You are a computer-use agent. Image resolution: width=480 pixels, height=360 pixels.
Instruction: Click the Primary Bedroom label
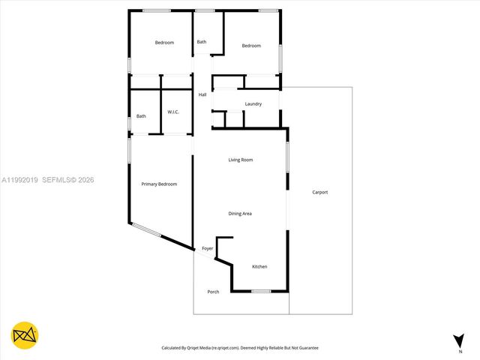pyautogui.click(x=159, y=184)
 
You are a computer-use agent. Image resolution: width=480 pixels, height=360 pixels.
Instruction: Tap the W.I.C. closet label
pyautogui.click(x=172, y=112)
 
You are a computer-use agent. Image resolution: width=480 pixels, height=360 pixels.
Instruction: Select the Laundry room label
pyautogui.click(x=253, y=103)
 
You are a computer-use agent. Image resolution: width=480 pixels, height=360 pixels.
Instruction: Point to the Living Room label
pyautogui.click(x=241, y=160)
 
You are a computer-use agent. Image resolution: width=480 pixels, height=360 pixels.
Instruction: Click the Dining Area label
pyautogui.click(x=240, y=214)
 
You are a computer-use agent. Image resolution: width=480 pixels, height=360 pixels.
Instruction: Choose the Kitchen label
pyautogui.click(x=259, y=267)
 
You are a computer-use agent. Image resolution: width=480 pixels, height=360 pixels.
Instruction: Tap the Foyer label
pyautogui.click(x=208, y=248)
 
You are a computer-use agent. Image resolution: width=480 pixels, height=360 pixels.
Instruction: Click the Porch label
pyautogui.click(x=213, y=292)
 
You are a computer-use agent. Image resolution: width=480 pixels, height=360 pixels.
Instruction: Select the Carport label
pyautogui.click(x=320, y=193)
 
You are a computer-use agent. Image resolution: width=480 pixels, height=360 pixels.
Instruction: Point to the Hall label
pyautogui.click(x=202, y=95)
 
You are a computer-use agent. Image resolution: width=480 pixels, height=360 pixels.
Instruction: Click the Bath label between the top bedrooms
pyautogui.click(x=202, y=42)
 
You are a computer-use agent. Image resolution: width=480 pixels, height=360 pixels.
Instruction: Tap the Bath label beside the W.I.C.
pyautogui.click(x=141, y=116)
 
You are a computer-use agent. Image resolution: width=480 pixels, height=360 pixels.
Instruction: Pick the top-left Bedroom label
pyautogui.click(x=164, y=43)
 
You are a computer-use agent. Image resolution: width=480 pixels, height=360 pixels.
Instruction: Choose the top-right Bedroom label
pyautogui.click(x=251, y=46)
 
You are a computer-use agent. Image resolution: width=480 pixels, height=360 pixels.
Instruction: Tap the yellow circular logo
pyautogui.click(x=25, y=335)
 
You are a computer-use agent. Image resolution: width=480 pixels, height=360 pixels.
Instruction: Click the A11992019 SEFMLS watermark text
pyautogui.click(x=48, y=180)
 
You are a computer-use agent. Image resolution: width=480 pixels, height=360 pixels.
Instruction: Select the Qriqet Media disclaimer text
pyautogui.click(x=240, y=348)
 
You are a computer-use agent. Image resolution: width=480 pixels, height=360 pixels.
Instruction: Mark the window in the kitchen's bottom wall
pyautogui.click(x=261, y=291)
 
